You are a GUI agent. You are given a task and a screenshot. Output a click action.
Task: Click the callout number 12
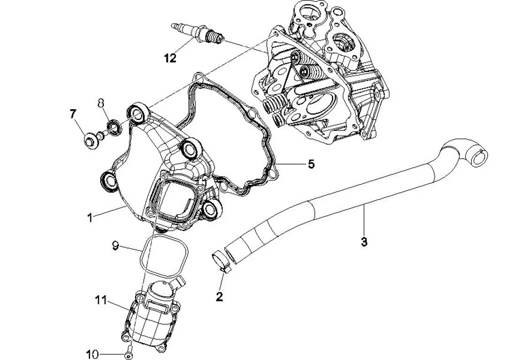tap(170, 58)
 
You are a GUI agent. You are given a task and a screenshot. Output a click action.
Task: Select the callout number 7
tap(73, 114)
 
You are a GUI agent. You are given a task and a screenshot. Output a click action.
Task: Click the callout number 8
tap(101, 103)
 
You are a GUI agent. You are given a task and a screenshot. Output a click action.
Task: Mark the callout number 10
tap(92, 352)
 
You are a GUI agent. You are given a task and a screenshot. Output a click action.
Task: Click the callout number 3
tap(364, 242)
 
